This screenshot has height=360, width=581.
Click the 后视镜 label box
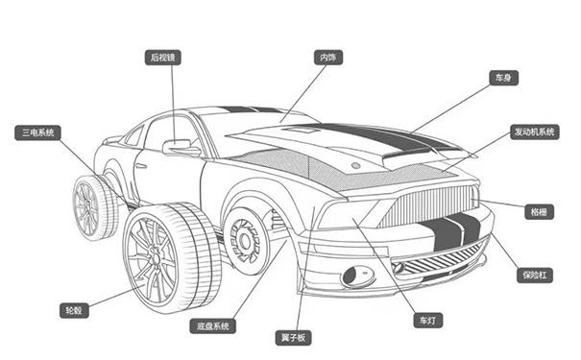click(163, 58)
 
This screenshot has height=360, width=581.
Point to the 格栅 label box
click(538, 209)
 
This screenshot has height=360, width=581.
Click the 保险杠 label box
click(535, 275)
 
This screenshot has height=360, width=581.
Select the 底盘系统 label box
click(211, 326)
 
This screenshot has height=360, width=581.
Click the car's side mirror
click(180, 147)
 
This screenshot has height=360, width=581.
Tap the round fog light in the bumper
click(358, 276)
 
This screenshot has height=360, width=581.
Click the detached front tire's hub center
click(150, 252)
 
